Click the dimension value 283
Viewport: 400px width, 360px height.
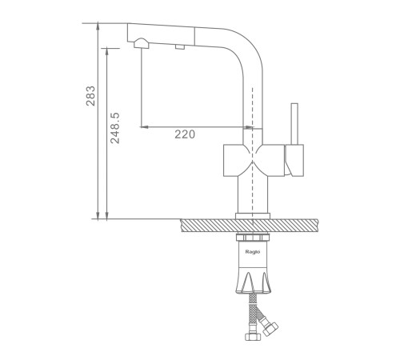tap(90, 96)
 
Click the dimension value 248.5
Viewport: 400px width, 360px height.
tap(115, 128)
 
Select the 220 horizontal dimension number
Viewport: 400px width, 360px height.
tap(185, 134)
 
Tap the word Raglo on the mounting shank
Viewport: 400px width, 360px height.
tap(253, 252)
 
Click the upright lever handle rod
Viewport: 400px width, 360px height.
tap(294, 124)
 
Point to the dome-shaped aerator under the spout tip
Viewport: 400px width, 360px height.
tap(141, 43)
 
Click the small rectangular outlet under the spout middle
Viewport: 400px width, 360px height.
tap(180, 47)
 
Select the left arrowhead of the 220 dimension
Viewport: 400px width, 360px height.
tap(144, 127)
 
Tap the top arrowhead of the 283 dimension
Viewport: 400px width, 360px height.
tap(98, 26)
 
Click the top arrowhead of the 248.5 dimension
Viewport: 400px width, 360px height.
tap(107, 51)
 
